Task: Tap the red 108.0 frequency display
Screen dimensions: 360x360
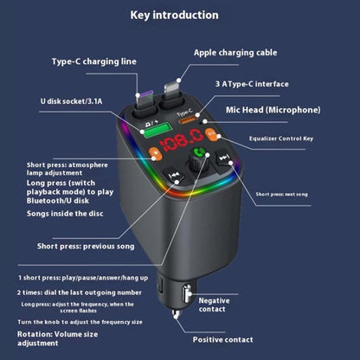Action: coord(189,139)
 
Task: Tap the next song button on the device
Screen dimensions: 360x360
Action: coord(223,160)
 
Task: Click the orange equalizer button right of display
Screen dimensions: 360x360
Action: coord(212,136)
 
